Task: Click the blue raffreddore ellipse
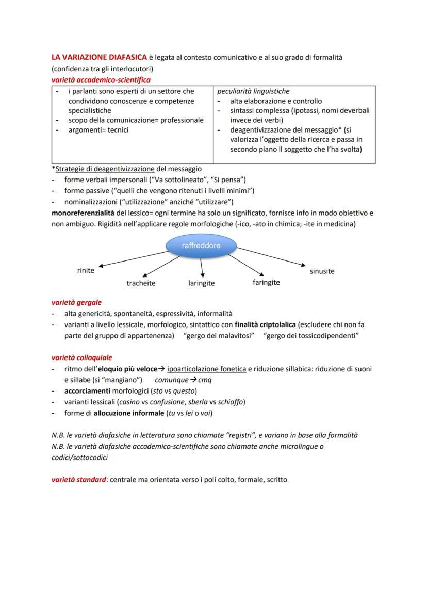[201, 246]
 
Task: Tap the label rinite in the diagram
[86, 271]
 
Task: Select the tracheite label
[141, 283]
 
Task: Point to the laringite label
[201, 283]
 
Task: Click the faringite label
[266, 282]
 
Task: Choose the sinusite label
[322, 271]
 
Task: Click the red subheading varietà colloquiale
[81, 357]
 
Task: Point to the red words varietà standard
[77, 479]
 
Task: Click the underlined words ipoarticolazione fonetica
[206, 369]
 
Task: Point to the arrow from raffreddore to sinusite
[271, 256]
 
